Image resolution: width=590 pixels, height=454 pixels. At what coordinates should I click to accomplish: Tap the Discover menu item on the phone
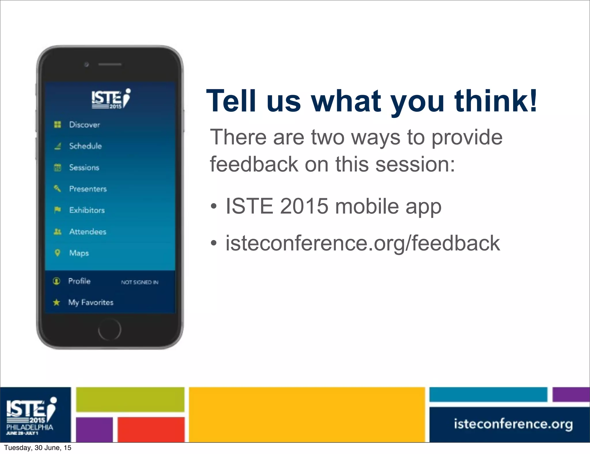84,125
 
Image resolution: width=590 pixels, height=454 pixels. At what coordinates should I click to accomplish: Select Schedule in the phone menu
85,146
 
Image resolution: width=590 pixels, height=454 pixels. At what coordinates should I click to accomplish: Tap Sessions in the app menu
84,167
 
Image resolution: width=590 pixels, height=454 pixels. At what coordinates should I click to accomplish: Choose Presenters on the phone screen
88,189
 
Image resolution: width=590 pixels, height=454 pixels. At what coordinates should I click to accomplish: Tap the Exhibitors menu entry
87,210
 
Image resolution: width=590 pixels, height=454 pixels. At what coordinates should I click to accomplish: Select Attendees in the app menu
88,232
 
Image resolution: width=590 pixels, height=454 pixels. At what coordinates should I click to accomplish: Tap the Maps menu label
79,253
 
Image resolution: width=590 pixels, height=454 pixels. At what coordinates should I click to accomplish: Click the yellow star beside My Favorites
56,302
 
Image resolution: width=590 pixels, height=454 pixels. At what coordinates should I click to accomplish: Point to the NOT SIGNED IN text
140,282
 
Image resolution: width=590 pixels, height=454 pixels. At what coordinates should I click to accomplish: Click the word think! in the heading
496,101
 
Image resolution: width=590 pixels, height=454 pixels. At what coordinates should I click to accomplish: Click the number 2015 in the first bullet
304,206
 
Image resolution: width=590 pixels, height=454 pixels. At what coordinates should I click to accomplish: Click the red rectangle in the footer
151,429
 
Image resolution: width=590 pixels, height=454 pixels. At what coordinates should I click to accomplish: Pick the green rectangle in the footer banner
130,399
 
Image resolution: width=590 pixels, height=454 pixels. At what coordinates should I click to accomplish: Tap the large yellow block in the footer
307,414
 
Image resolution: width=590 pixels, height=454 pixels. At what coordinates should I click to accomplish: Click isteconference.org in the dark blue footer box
513,424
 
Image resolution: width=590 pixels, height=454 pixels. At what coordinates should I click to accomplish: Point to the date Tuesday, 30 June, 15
37,448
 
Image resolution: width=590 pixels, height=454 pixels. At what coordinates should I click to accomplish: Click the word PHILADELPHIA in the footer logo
30,427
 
